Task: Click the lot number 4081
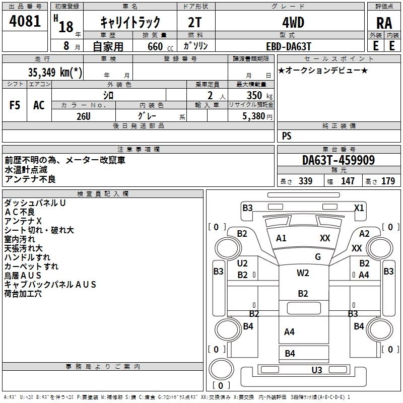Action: (25, 22)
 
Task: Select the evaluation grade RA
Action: (384, 23)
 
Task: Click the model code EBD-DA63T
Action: (289, 45)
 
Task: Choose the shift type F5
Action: (15, 105)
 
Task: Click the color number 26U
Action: (84, 116)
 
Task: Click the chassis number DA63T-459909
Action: (339, 161)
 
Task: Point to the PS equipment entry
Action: (287, 136)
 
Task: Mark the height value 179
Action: (388, 181)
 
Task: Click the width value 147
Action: (348, 181)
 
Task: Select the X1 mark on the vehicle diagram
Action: (359, 208)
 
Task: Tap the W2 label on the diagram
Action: (303, 273)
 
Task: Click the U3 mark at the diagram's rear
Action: (317, 370)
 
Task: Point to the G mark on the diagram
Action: (317, 257)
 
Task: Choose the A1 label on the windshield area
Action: (281, 238)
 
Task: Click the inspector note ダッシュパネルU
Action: (35, 203)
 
